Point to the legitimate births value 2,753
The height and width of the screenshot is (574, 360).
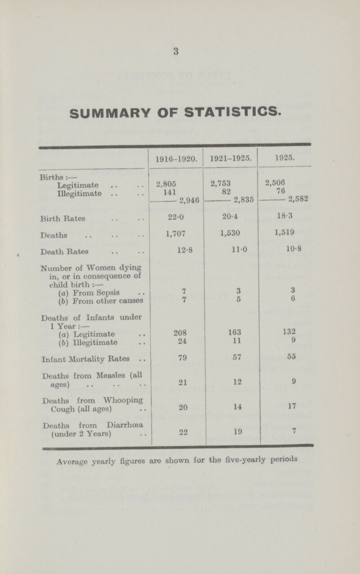click(x=220, y=182)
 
